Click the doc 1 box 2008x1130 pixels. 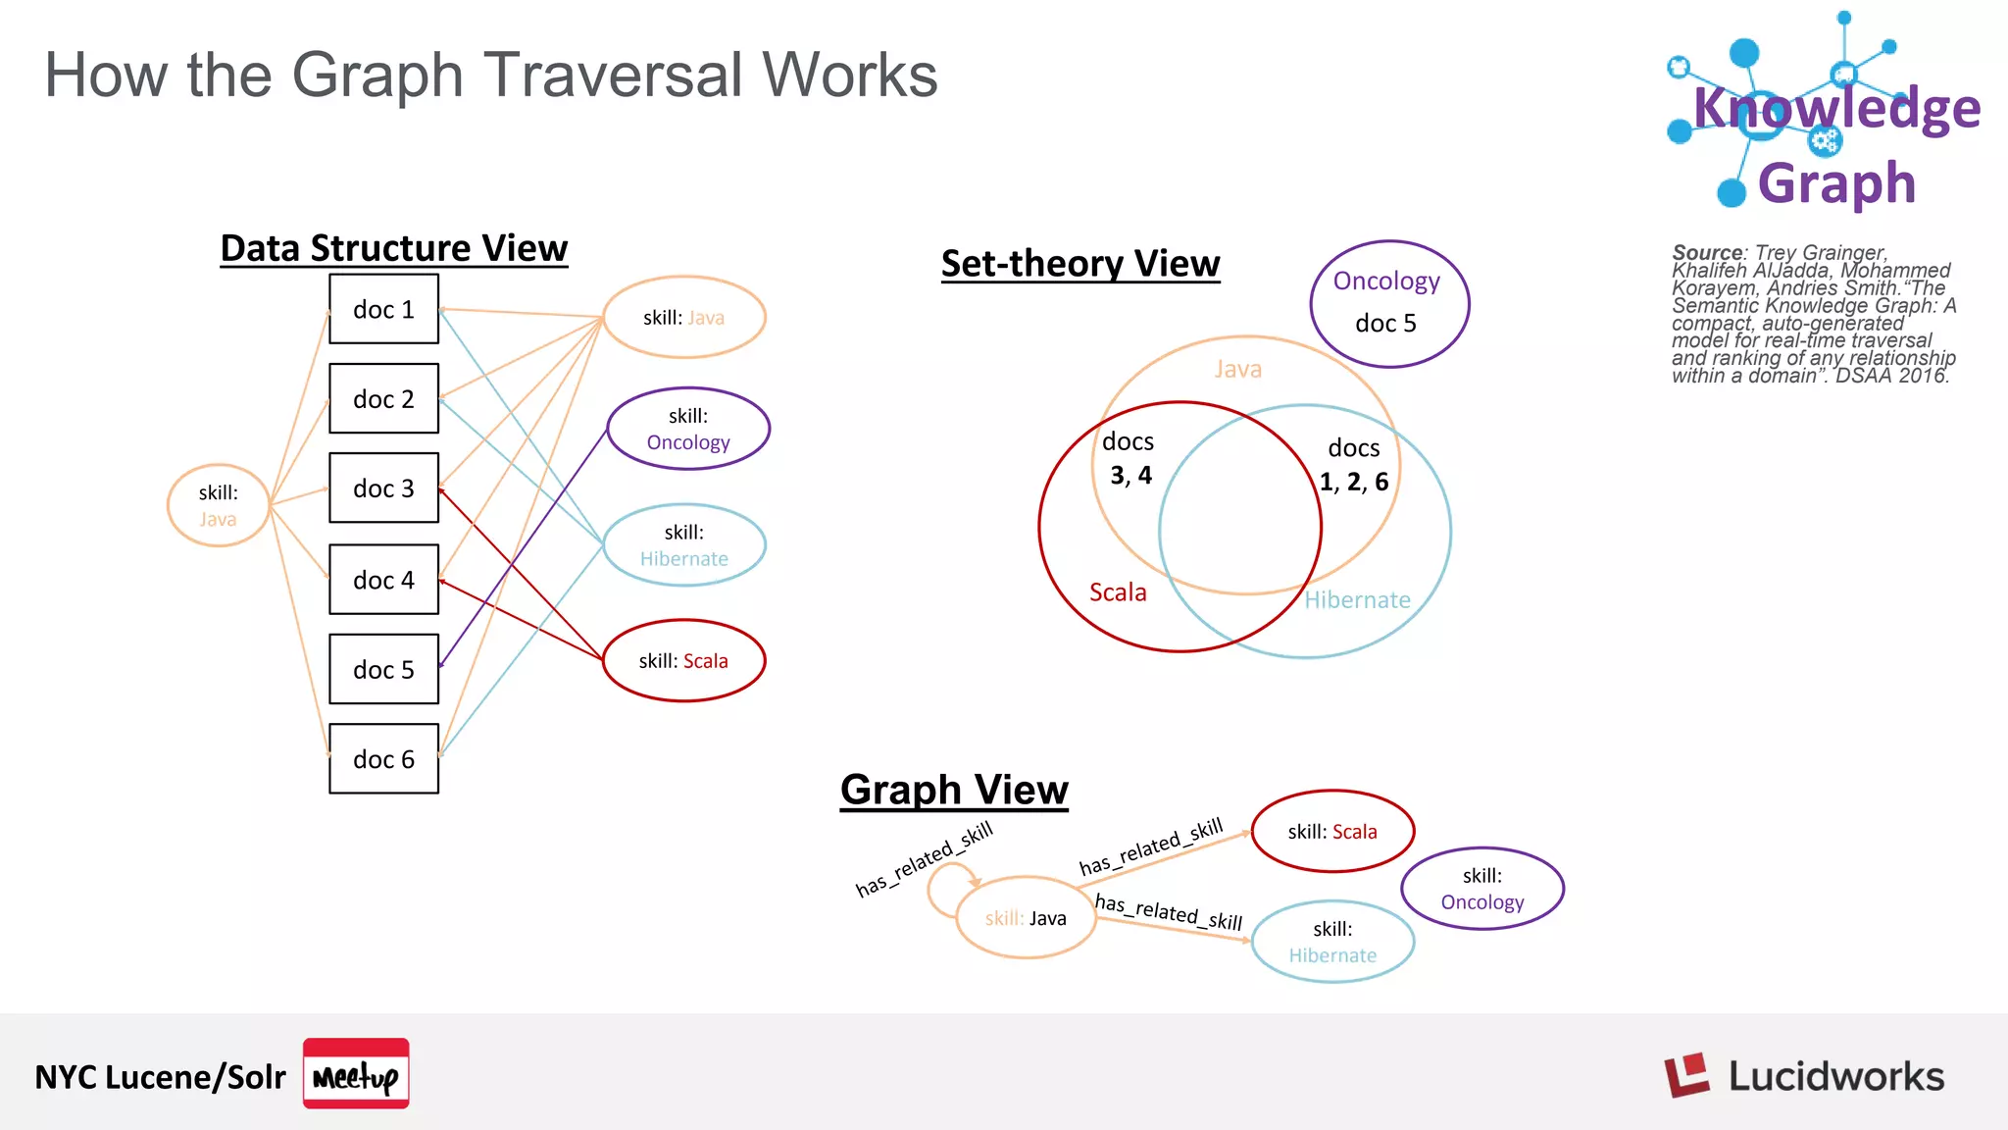[x=383, y=309]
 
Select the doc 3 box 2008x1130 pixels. [x=383, y=488]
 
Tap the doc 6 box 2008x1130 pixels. [x=383, y=758]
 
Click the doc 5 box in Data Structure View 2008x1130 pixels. [x=383, y=669]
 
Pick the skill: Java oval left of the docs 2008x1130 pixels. [x=218, y=505]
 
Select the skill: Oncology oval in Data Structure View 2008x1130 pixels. [x=688, y=429]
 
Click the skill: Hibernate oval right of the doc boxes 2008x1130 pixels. [x=683, y=545]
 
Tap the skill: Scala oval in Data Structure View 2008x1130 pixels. [x=683, y=660]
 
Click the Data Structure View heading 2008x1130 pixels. [x=393, y=248]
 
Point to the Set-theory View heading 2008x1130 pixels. [x=1079, y=264]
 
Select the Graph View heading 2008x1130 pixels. [x=954, y=790]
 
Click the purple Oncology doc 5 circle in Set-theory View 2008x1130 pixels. [x=1388, y=303]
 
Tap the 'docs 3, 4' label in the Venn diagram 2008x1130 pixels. [x=1129, y=458]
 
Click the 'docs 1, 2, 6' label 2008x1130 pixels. [x=1353, y=465]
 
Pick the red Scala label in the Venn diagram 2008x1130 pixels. [x=1118, y=592]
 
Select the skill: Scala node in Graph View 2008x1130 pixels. [x=1332, y=831]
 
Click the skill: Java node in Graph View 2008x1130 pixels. [x=1026, y=917]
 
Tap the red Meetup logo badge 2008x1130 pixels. [x=356, y=1074]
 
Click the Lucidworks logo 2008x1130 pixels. [x=1804, y=1076]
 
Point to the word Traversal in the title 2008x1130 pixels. [x=612, y=75]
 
